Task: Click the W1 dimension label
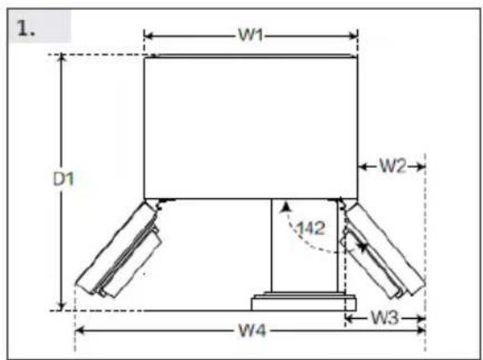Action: [251, 35]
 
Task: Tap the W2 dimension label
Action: [392, 166]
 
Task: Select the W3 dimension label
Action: [385, 317]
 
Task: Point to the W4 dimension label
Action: [252, 331]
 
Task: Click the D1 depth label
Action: [64, 179]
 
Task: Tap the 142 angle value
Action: [310, 228]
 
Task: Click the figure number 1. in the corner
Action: [26, 28]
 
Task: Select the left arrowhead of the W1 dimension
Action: [148, 35]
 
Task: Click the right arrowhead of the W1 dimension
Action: [353, 36]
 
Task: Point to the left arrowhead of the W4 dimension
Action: [80, 331]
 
